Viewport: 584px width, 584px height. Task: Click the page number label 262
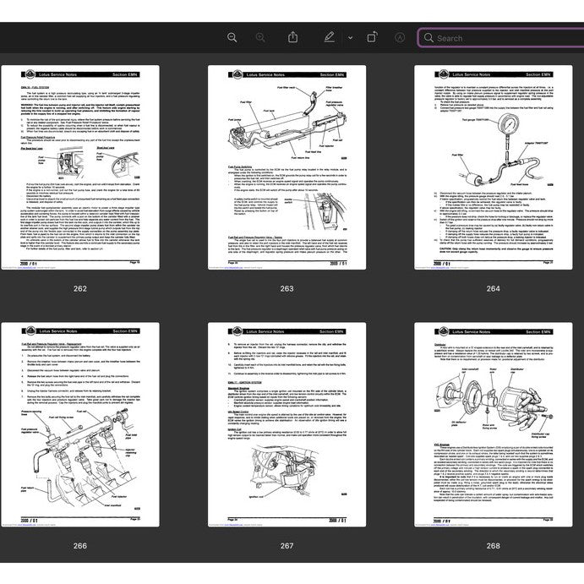79,288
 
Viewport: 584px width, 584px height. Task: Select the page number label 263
287,288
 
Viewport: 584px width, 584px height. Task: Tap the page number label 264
493,288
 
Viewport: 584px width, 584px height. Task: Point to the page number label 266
79,545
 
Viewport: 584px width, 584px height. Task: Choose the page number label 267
287,545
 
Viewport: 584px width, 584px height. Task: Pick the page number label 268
493,545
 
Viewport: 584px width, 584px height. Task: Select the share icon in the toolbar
292,37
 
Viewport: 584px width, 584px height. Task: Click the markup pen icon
328,37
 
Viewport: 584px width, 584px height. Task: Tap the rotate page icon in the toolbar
372,37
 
